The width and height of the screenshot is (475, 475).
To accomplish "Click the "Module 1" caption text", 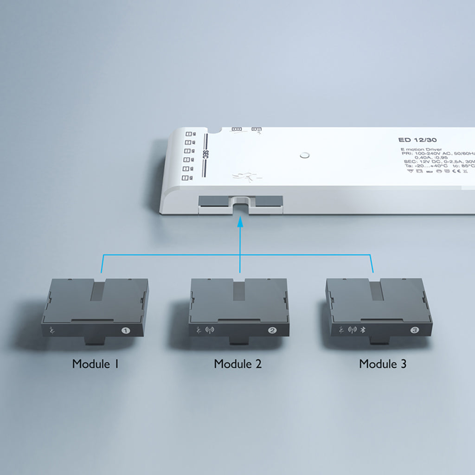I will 96,364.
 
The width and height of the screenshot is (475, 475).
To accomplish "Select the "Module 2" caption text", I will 237,364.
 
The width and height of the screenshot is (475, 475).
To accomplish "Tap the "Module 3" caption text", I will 383,364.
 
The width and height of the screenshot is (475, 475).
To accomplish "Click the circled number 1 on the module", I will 125,331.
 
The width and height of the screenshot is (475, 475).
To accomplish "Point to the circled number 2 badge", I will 272,331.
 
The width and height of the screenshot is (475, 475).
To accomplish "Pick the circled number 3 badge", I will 414,330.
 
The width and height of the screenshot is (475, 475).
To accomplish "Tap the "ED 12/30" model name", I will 417,140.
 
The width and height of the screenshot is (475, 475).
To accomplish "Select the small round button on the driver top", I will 304,155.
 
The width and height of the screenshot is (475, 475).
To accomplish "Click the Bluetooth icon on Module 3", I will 363,330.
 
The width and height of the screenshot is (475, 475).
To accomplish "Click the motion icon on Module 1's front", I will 51,331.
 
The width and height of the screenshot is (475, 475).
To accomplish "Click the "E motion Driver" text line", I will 416,149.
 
